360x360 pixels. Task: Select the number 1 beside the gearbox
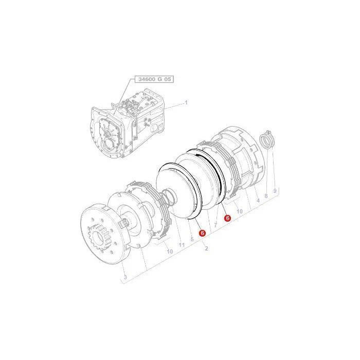[x=186, y=102]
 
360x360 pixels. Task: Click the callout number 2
[x=206, y=248]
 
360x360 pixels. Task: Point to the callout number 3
[x=125, y=277]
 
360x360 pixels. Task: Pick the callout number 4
[x=258, y=201]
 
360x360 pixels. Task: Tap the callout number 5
[x=192, y=239]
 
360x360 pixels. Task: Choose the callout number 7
[x=215, y=225]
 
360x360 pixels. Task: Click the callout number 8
[x=266, y=196]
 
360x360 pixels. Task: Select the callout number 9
[x=275, y=191]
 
